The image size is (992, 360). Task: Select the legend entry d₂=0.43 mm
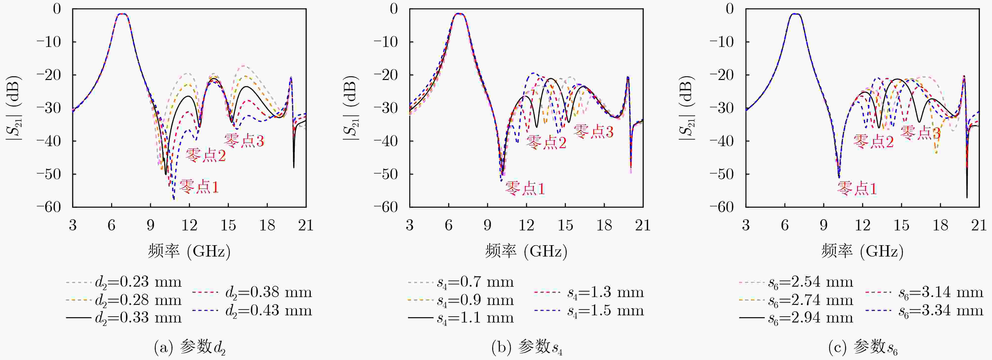[x=252, y=311]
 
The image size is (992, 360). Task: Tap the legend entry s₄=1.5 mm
[x=589, y=311]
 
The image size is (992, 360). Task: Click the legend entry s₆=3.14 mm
[x=924, y=293]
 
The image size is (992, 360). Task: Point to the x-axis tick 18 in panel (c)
[x=940, y=225]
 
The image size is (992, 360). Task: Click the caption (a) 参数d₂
[x=189, y=348]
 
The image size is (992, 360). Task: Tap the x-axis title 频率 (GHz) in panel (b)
[x=526, y=251]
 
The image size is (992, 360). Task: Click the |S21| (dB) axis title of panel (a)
[x=14, y=108]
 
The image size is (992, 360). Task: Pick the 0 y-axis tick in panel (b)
[x=393, y=8]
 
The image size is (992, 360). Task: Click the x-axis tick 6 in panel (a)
[x=112, y=225]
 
